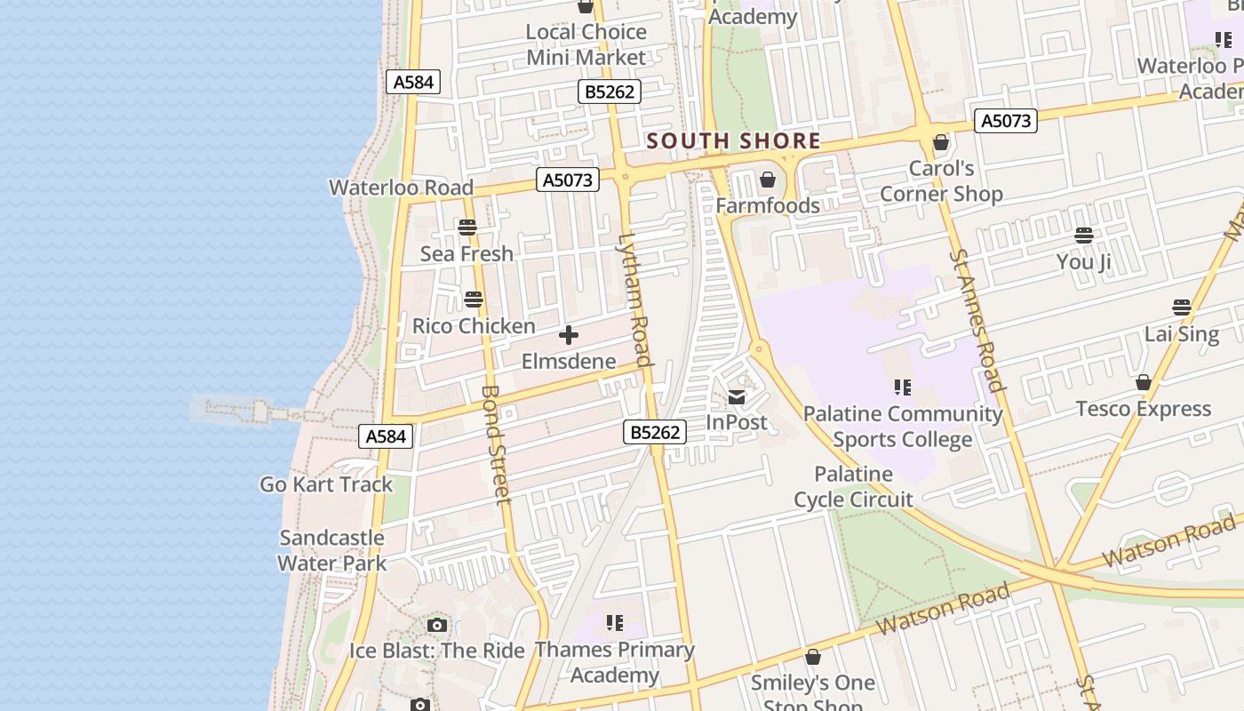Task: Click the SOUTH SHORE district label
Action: pos(733,140)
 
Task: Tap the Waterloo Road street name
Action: pos(401,188)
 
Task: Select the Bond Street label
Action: pos(495,443)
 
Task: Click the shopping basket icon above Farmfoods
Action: pos(768,180)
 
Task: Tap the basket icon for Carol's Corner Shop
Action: pos(941,142)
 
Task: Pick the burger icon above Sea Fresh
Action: pos(467,228)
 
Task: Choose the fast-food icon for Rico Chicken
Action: pos(474,300)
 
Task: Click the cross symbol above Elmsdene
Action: pos(569,335)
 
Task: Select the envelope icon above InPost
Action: pos(737,396)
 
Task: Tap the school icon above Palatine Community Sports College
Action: pos(903,387)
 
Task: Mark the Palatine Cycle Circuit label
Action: pos(853,486)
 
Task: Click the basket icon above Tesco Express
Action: pos(1144,383)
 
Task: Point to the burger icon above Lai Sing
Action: pos(1182,308)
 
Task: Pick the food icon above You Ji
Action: pos(1084,236)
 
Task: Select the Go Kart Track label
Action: pos(326,484)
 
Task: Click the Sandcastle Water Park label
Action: pos(331,550)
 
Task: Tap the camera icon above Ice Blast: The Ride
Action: pos(436,626)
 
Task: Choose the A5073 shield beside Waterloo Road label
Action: pos(569,180)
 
